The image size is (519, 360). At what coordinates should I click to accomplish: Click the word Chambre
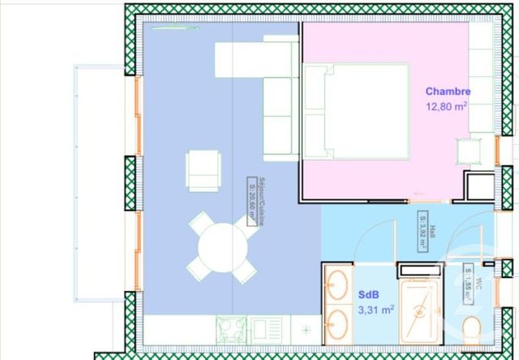point(448,92)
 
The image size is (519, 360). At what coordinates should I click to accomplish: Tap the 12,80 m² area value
point(446,105)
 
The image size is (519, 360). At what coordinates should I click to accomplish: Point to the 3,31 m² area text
point(376,309)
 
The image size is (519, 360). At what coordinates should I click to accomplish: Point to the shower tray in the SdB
point(418,311)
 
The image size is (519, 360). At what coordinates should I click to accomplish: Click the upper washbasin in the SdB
point(337,285)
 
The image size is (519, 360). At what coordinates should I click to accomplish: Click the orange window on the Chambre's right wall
point(497,149)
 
